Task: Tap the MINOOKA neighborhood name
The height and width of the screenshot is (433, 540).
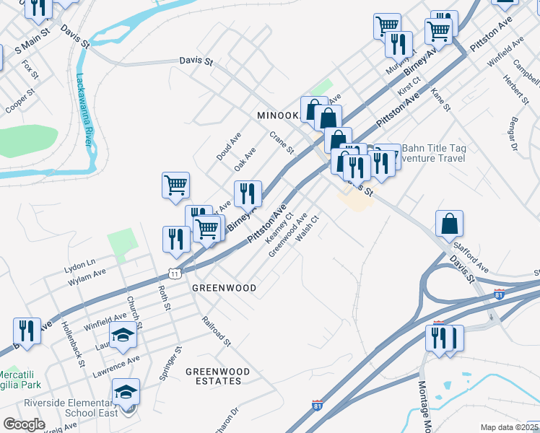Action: (x=278, y=115)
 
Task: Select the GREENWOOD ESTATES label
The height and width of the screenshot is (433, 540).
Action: (x=217, y=376)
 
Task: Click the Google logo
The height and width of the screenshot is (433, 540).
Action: (x=24, y=424)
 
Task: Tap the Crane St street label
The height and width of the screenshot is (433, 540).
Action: (x=282, y=142)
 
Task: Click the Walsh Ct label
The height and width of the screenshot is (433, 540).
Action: (x=306, y=229)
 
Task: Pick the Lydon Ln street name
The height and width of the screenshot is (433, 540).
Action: (x=79, y=263)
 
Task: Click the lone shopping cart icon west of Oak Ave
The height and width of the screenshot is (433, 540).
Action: (x=176, y=186)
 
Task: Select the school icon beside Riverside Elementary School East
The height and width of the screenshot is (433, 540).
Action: (x=126, y=392)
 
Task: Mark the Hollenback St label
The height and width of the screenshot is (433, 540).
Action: (x=73, y=343)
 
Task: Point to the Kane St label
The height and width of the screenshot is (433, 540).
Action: (x=440, y=100)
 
